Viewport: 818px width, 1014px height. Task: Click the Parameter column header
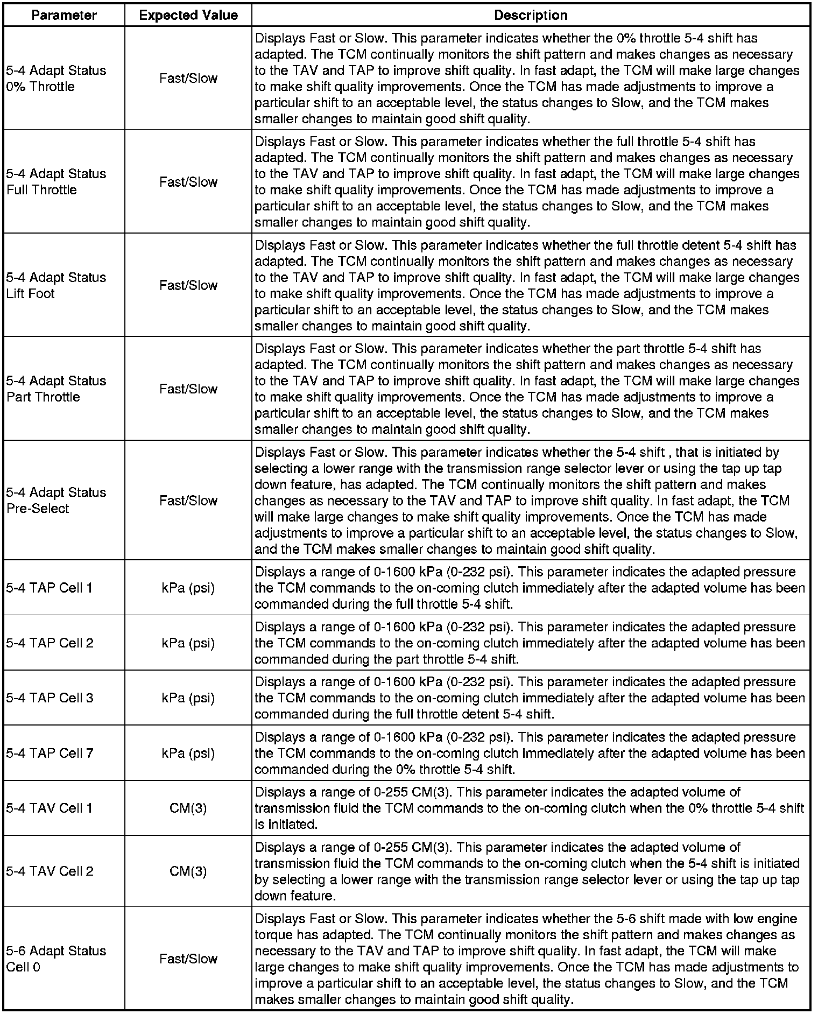coord(64,15)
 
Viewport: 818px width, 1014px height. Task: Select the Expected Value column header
coord(188,15)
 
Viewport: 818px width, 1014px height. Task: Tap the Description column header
coord(531,15)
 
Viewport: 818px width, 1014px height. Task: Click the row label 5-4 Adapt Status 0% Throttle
coord(56,79)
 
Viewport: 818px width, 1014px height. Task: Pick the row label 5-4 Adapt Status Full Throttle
coord(56,182)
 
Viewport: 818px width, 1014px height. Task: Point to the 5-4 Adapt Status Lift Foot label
coord(56,285)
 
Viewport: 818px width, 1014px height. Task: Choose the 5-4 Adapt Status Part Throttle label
coord(56,389)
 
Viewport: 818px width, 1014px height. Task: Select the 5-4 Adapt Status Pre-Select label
coord(56,501)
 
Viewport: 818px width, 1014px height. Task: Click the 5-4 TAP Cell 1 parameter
coord(50,588)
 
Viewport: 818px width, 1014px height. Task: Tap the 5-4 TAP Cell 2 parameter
coord(50,643)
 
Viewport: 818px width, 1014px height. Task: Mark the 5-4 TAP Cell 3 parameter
coord(50,698)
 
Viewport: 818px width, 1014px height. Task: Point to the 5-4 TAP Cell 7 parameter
coord(50,753)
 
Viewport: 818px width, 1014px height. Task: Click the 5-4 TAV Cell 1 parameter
coord(50,808)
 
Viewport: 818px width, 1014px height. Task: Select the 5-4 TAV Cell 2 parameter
coord(50,871)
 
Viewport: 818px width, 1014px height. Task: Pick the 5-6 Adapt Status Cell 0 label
coord(56,959)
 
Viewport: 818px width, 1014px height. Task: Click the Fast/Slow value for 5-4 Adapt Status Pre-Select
coord(188,501)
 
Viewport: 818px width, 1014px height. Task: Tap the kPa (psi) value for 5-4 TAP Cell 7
coord(188,753)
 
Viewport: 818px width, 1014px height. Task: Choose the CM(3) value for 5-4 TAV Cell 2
coord(188,871)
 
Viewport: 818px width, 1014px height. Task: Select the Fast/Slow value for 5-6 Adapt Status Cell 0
coord(188,959)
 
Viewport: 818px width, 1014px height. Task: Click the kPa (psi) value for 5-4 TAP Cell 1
coord(188,588)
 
